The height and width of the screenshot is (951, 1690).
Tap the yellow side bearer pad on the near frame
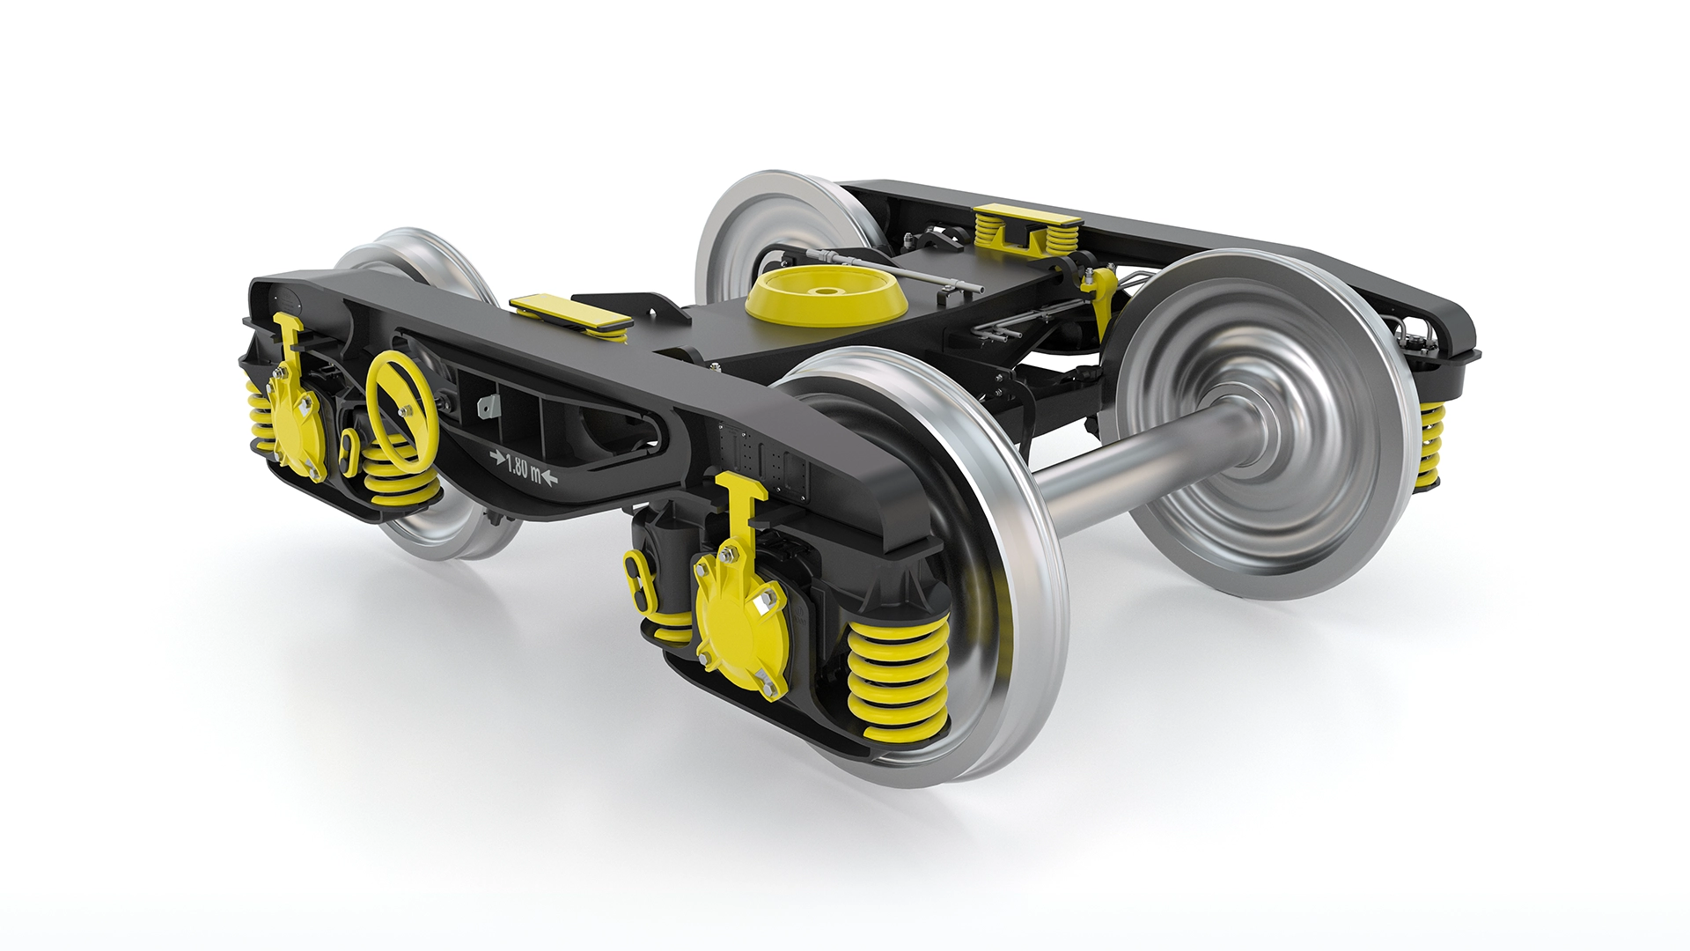[x=569, y=312]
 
